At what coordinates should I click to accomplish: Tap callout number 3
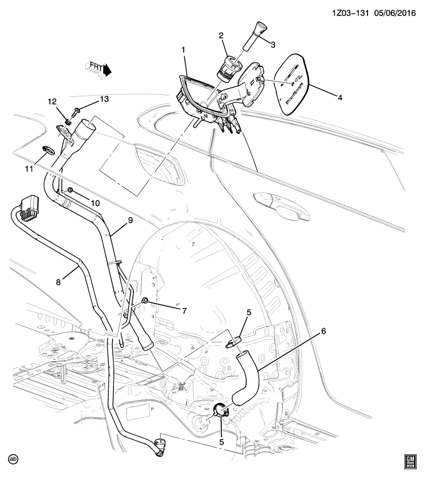[x=273, y=45]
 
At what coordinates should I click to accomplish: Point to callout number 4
[x=340, y=98]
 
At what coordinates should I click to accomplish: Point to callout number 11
[x=29, y=169]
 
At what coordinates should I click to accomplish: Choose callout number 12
[x=52, y=102]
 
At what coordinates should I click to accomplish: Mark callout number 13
[x=104, y=99]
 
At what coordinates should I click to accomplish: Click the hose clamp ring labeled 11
[x=48, y=149]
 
